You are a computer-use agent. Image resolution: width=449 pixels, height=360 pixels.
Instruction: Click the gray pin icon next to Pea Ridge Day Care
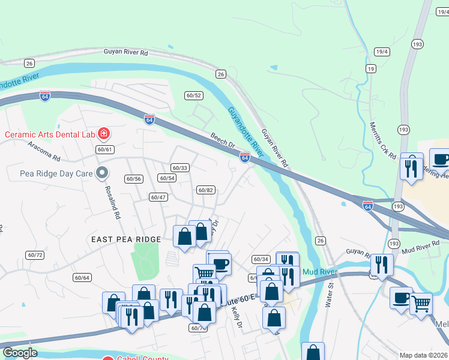pos(103,173)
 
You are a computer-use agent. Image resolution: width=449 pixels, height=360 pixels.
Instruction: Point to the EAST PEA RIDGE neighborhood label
pos(126,239)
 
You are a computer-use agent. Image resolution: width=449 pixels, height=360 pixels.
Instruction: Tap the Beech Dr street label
pos(222,140)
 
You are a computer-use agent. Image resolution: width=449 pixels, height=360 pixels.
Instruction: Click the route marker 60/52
pos(193,95)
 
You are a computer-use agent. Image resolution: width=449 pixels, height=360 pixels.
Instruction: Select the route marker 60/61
pos(104,149)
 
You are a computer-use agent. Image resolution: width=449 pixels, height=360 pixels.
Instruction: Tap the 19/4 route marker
pos(382,52)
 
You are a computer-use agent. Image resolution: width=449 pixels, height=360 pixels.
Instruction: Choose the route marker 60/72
pos(35,255)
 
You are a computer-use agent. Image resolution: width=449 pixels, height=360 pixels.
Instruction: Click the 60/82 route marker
pos(205,190)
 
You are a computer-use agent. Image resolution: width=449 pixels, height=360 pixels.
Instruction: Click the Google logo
pos(20,353)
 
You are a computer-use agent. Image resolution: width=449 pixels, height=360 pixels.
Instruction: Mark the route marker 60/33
pos(179,168)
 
